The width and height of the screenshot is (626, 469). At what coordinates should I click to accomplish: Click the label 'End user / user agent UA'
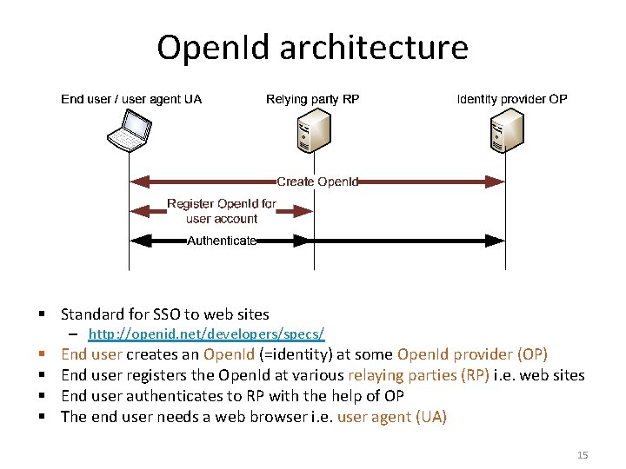131,99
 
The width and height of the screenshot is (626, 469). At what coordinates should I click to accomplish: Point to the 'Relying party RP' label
312,99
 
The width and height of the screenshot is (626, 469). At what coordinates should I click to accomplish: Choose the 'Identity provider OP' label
512,99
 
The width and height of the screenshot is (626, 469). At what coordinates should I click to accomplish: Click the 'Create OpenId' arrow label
317,182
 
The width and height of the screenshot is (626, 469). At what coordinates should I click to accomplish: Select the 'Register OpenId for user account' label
222,211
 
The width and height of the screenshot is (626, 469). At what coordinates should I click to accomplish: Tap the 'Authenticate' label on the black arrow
222,241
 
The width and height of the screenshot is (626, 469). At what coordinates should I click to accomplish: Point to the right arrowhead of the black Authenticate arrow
498,241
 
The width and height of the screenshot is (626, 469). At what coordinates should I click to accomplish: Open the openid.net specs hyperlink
207,334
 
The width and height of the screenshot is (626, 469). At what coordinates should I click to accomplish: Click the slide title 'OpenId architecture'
312,47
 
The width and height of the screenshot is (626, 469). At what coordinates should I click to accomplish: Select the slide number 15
583,455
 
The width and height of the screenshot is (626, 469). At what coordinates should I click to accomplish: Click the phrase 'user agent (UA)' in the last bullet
391,417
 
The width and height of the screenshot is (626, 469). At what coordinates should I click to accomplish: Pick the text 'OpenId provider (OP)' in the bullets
472,354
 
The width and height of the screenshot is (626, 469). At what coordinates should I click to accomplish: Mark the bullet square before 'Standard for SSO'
42,314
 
